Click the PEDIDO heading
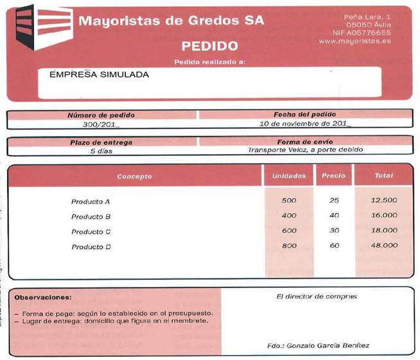[209, 46]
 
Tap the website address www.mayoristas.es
[363, 40]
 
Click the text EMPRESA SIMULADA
[99, 74]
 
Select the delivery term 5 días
[101, 151]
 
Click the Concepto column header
[135, 176]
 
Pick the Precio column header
[333, 175]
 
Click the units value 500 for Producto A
[289, 200]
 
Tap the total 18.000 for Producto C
[384, 231]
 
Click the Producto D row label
[91, 246]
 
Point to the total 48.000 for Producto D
[384, 246]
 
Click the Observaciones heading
[43, 298]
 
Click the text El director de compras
[317, 296]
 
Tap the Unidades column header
[288, 175]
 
